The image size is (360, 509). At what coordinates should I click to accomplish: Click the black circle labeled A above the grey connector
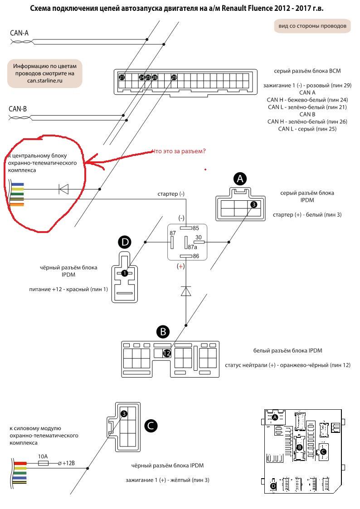point(240,179)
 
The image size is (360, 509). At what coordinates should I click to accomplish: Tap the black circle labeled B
point(163,332)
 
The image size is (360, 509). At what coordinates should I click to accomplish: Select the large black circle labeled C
point(151,426)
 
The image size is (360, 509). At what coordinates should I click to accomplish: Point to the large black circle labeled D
point(125,242)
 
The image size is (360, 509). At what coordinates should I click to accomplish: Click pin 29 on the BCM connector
point(174,78)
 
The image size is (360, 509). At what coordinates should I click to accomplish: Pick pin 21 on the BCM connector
point(122,78)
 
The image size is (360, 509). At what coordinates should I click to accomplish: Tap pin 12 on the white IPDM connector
point(166,354)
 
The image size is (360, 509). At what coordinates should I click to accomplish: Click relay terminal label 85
point(195,228)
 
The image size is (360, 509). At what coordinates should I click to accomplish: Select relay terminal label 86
point(195,256)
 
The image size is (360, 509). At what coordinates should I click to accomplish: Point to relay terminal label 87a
point(193,247)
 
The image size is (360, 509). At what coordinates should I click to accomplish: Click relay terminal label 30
point(198,237)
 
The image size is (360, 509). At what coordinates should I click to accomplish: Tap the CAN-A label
point(19,33)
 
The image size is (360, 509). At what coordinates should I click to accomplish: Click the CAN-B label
point(18,109)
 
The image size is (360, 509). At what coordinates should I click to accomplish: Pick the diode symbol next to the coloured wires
point(63,189)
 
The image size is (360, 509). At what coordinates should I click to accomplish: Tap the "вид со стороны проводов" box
point(312,26)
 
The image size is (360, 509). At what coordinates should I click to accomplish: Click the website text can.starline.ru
point(44,80)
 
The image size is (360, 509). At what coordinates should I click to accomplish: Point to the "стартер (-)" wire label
point(171,194)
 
